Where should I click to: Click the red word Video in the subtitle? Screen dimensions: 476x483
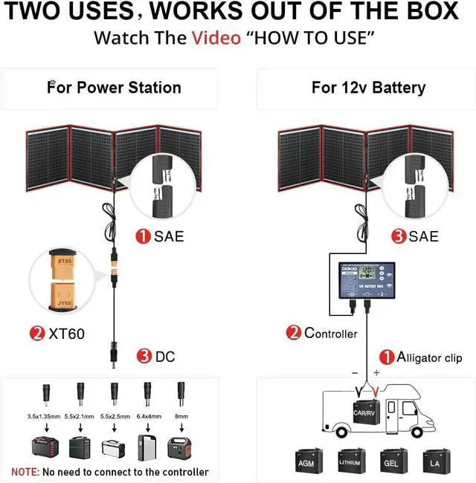click(x=216, y=38)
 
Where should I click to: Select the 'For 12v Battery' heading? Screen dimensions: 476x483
click(x=368, y=88)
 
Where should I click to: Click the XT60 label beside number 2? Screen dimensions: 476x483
click(x=67, y=334)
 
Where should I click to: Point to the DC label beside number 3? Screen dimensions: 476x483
click(x=165, y=357)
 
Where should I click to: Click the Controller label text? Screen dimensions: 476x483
click(x=331, y=334)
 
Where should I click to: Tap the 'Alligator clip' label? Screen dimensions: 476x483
click(x=429, y=357)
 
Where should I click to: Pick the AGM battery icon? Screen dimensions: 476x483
click(x=306, y=461)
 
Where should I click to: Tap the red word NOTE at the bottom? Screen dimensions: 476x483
click(x=25, y=472)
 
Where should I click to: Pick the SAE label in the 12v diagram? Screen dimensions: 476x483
click(x=424, y=237)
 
